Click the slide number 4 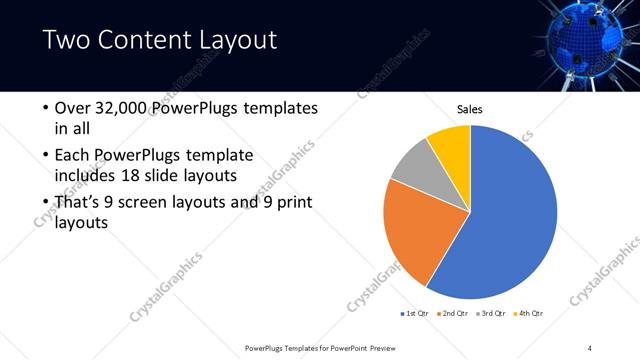pyautogui.click(x=590, y=347)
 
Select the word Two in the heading pyautogui.click(x=66, y=41)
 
